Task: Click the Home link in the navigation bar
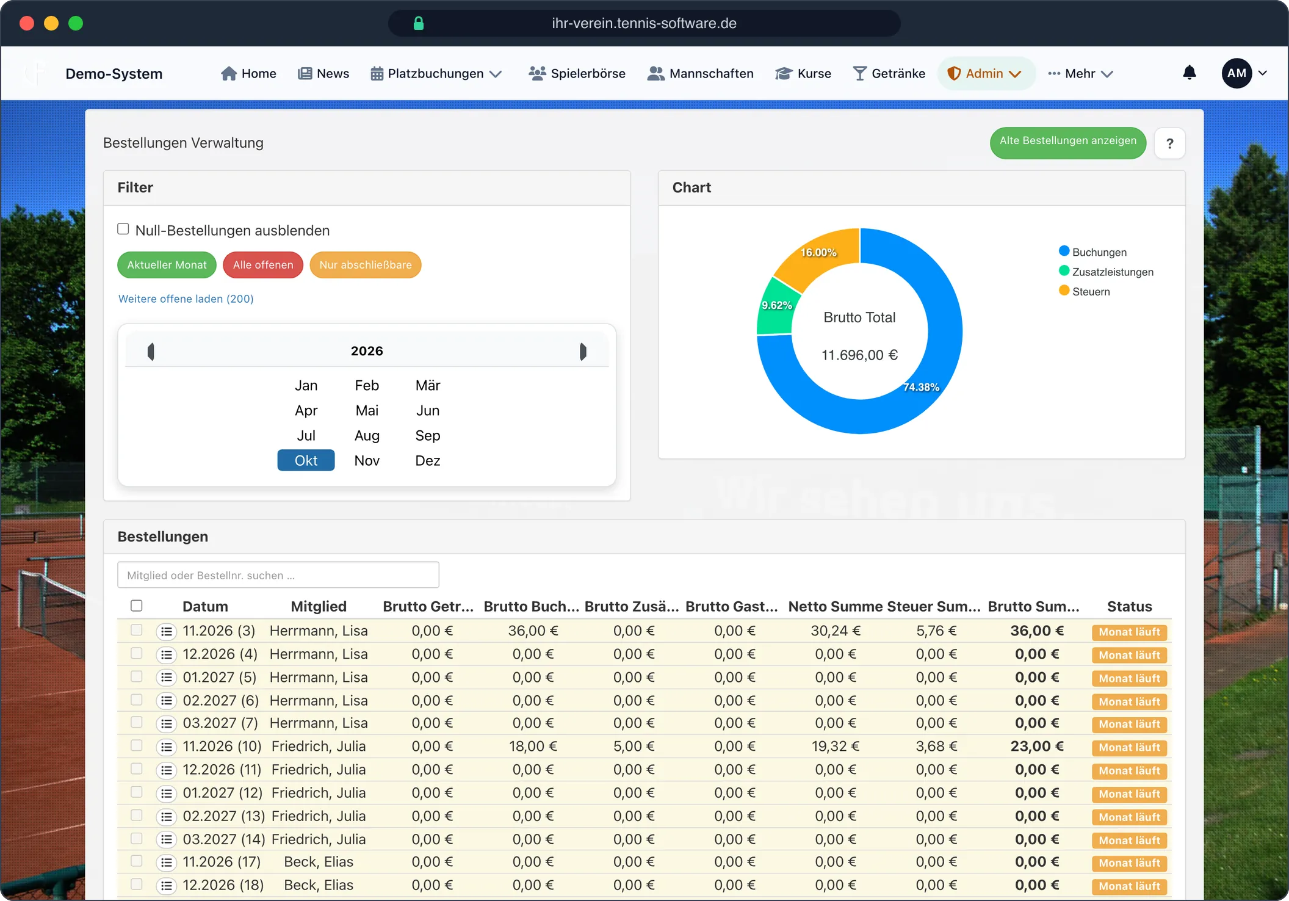click(248, 74)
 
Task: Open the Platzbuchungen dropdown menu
click(436, 74)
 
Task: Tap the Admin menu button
click(985, 74)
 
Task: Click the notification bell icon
click(1189, 73)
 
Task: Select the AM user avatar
click(1237, 73)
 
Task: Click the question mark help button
click(1169, 143)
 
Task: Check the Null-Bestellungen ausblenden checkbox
click(123, 229)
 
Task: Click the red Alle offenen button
click(263, 265)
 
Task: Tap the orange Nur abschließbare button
click(366, 265)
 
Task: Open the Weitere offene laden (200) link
click(186, 299)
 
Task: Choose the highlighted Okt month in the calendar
click(306, 460)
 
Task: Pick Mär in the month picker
click(428, 385)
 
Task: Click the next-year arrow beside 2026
click(583, 352)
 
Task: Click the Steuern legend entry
click(1085, 291)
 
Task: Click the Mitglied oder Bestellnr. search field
click(278, 575)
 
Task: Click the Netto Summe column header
click(835, 606)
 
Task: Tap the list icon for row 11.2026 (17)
click(166, 862)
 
